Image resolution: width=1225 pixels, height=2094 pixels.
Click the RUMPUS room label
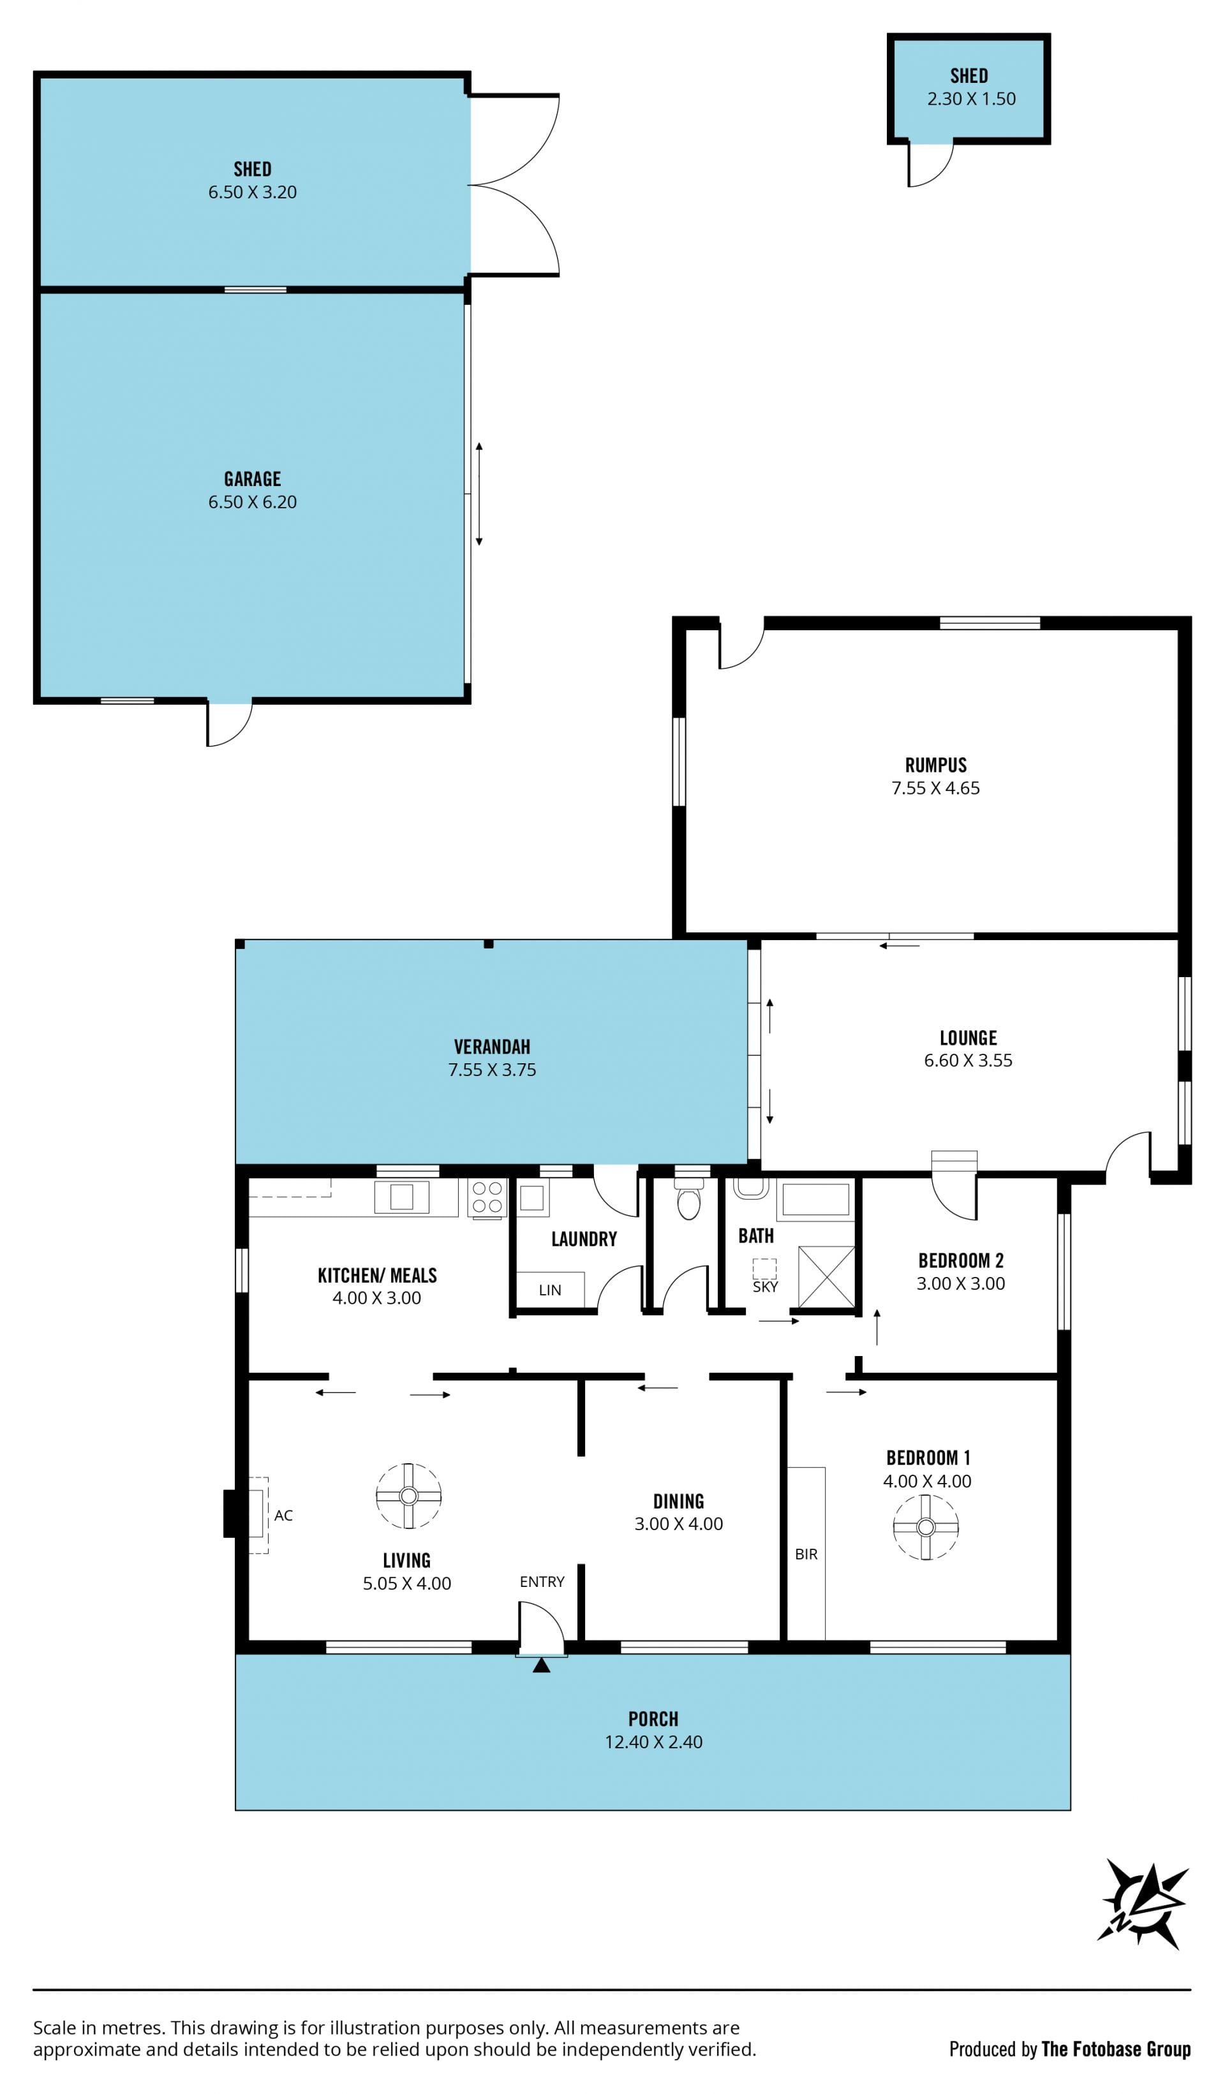(936, 765)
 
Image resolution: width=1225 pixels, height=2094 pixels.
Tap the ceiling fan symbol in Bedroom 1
(926, 1526)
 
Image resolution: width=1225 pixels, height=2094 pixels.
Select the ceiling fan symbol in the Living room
(408, 1496)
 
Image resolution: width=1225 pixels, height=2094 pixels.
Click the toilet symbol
(689, 1197)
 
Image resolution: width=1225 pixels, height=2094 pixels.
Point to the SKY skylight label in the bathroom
(764, 1287)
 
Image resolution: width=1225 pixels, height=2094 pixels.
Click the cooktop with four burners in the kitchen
(487, 1198)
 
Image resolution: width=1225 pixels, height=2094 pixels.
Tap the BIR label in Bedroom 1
(806, 1554)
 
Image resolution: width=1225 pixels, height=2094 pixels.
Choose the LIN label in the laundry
(550, 1290)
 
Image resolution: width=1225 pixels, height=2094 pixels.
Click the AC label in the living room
(283, 1515)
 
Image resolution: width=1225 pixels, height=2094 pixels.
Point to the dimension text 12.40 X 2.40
(653, 1742)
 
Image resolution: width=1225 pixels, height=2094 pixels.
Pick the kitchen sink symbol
(401, 1197)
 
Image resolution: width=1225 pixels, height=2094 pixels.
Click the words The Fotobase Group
(1116, 2049)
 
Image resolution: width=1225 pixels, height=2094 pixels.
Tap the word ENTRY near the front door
(542, 1582)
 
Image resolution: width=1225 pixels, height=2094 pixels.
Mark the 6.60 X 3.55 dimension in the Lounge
(969, 1060)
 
